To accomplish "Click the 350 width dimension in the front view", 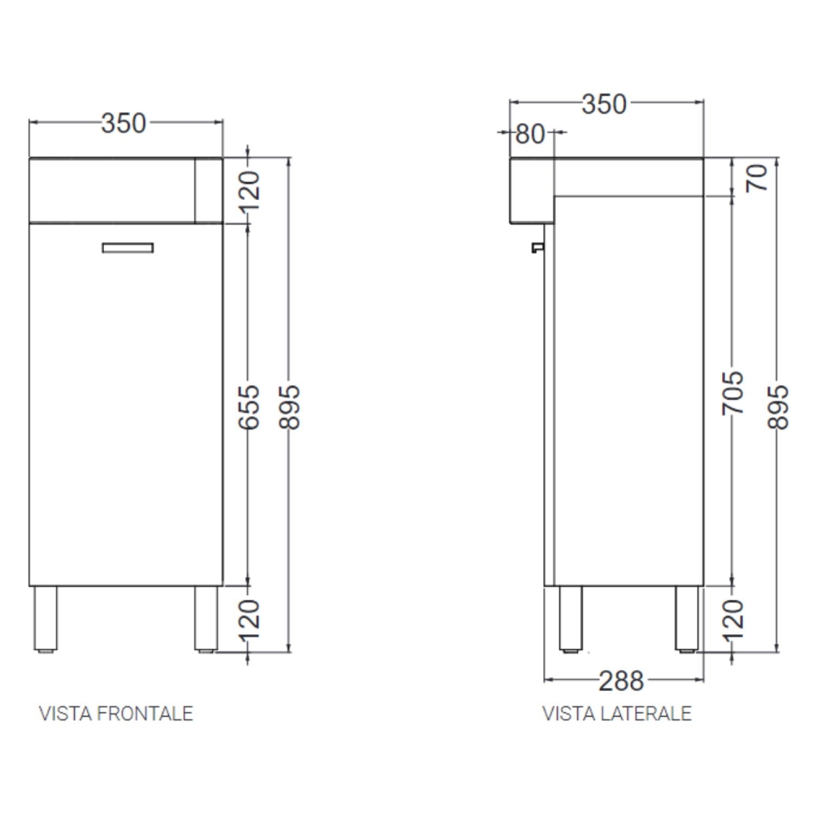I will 124,123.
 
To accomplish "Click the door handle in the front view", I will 128,248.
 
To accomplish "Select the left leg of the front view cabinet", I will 45,619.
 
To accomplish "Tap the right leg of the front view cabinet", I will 206,619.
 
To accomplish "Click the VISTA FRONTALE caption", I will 116,714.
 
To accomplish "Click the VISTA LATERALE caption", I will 617,714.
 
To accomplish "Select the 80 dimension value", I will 529,133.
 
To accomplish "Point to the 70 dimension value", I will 756,176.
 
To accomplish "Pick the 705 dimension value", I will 733,392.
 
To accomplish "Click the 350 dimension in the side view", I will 604,104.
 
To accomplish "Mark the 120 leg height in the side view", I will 733,620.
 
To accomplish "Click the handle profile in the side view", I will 537,246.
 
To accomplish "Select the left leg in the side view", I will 571,619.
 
